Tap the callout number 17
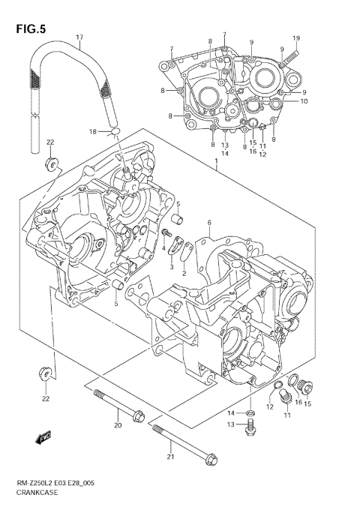[x=79, y=37]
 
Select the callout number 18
[x=94, y=132]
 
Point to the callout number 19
[x=295, y=38]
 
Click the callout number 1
[x=216, y=160]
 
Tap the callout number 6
[x=209, y=222]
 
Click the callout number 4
[x=163, y=248]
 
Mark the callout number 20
[x=117, y=426]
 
